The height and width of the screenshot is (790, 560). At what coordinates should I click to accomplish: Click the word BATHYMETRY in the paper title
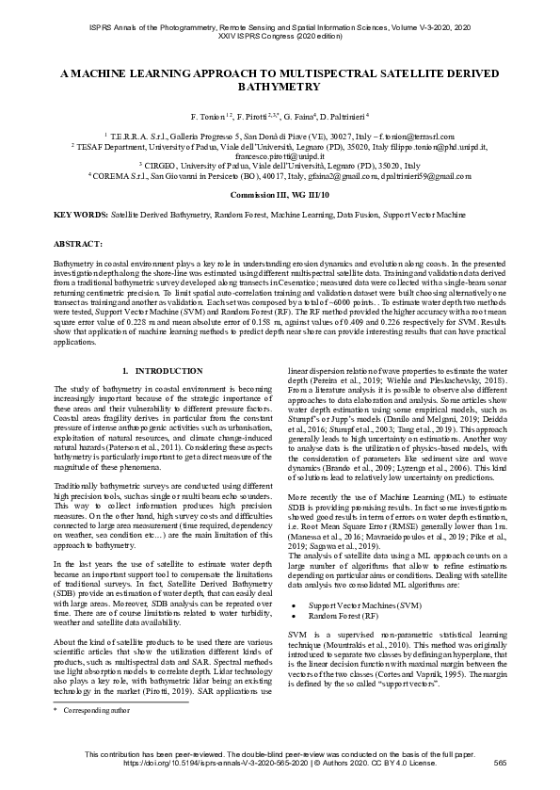pyautogui.click(x=280, y=86)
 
